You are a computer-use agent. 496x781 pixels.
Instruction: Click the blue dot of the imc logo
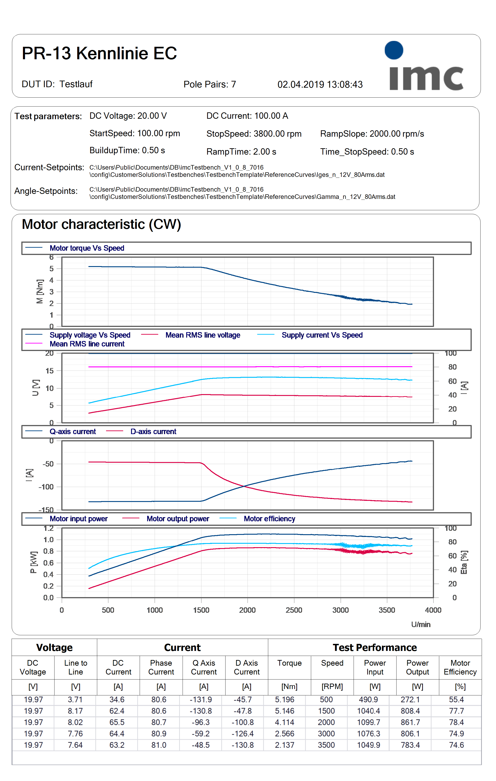394,50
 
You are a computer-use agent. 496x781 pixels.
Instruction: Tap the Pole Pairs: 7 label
210,84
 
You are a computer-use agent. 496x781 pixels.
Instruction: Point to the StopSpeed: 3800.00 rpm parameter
254,134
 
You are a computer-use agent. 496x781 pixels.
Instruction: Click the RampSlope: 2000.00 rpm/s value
372,134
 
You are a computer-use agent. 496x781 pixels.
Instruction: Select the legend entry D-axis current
153,432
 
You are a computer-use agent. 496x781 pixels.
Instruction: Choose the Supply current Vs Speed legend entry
322,335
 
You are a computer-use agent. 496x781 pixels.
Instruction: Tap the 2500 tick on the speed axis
294,610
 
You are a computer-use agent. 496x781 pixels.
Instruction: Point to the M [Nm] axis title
40,292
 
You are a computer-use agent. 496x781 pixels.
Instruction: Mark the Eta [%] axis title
464,562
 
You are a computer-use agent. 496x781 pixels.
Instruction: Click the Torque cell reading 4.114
285,722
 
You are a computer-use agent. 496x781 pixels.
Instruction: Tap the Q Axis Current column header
204,667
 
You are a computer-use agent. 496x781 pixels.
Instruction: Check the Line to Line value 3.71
75,699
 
